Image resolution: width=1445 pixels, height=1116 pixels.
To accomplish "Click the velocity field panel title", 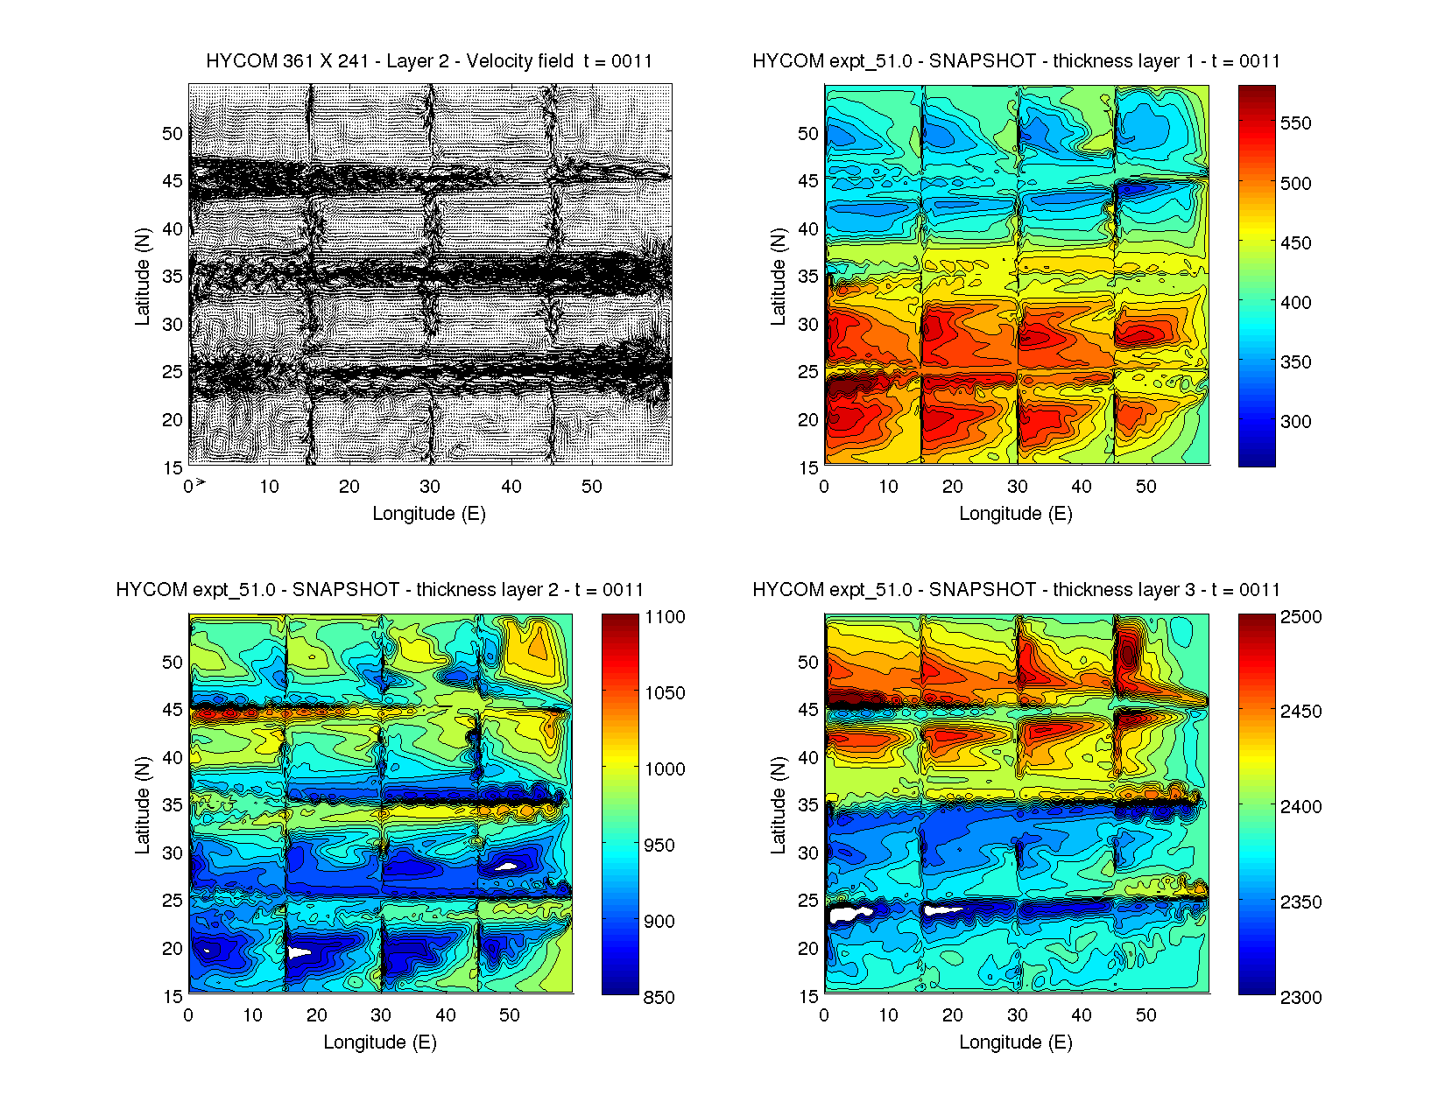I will pos(429,61).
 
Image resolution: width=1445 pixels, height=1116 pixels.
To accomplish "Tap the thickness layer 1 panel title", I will pos(1016,61).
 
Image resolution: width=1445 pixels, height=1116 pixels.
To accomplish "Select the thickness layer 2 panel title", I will pos(379,590).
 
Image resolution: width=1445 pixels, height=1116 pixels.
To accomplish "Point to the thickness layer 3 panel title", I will pos(1016,590).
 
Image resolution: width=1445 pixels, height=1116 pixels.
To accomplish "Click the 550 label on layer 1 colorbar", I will pos(1295,123).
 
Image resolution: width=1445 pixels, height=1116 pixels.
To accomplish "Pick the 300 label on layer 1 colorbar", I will pos(1295,422).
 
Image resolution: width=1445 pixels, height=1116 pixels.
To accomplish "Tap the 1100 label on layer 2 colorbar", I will pos(665,617).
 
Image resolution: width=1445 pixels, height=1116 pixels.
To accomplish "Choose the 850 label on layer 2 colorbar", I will pos(659,998).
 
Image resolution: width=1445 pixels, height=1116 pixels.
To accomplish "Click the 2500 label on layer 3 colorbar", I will pos(1300,617).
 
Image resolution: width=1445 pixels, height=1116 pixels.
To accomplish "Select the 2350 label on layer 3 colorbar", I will pos(1300,902).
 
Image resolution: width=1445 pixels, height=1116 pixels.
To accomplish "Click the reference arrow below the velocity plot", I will pos(201,482).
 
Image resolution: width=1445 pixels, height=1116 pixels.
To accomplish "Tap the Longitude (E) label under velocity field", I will pos(429,514).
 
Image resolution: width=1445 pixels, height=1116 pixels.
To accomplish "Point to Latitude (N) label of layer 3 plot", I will pos(778,805).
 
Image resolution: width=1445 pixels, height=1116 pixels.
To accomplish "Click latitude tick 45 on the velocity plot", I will pos(173,181).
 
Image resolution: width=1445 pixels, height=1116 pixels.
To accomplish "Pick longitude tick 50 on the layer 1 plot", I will pos(1145,487).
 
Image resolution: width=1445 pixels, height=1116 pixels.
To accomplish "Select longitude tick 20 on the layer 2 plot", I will pos(316,1015).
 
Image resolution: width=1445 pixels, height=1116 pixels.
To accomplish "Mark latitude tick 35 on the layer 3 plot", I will pos(808,805).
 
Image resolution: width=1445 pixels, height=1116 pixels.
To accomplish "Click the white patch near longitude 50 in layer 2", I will pos(509,867).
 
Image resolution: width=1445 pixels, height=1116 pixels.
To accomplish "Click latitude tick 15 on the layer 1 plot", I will pos(808,467).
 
